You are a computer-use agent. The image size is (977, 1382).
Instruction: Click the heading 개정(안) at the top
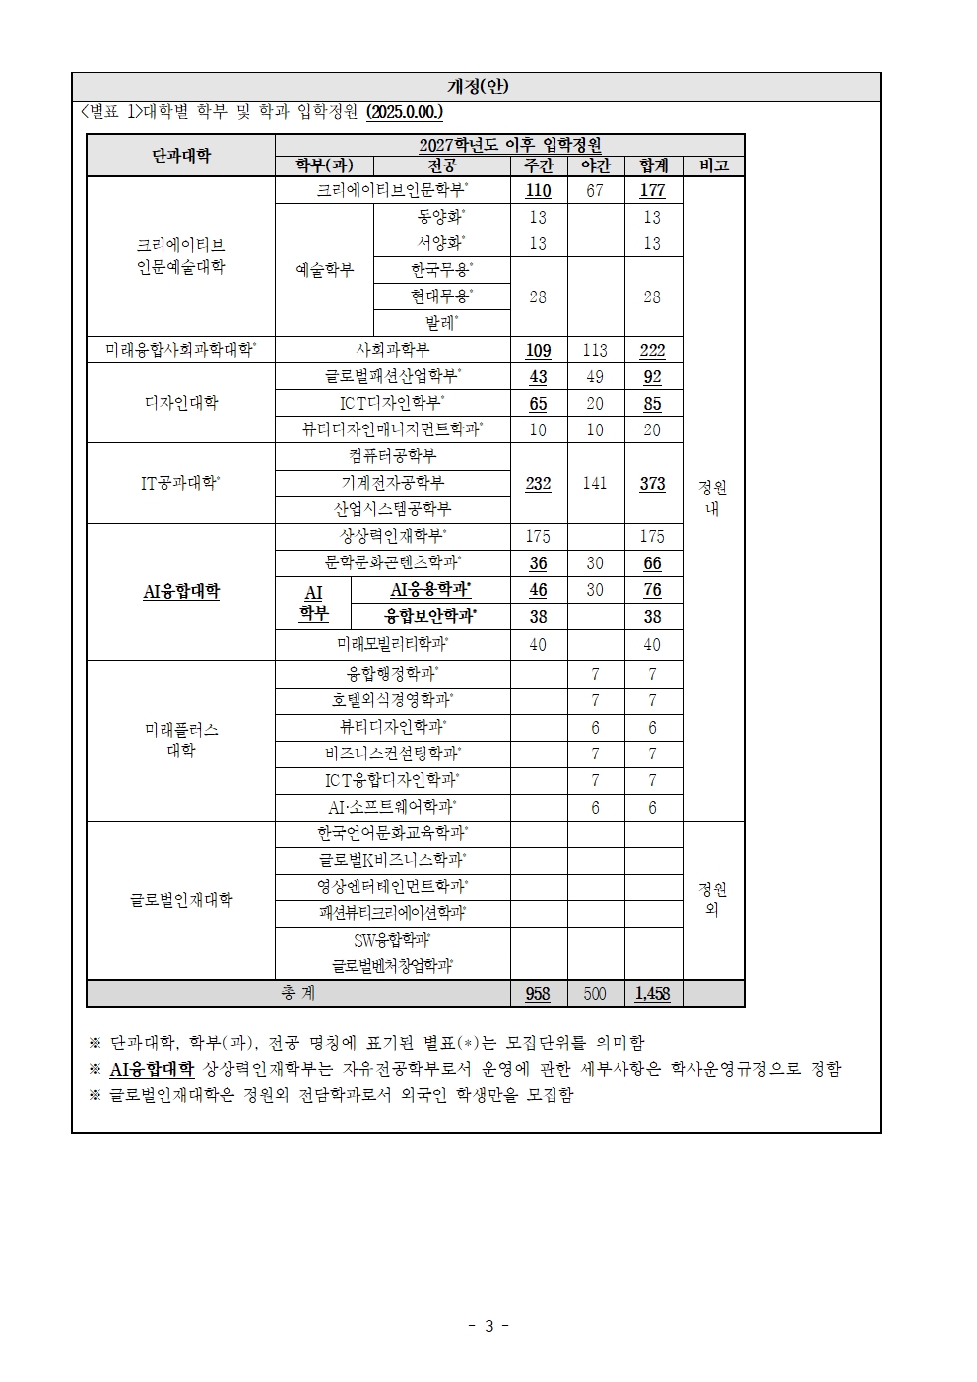477,87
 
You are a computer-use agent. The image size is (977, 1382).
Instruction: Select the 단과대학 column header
181,156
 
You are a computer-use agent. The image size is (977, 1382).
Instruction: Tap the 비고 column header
713,165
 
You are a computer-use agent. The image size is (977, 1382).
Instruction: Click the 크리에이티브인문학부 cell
392,190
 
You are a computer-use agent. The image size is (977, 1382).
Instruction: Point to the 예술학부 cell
324,270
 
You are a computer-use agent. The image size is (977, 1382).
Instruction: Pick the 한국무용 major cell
441,270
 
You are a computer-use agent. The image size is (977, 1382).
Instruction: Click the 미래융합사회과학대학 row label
181,350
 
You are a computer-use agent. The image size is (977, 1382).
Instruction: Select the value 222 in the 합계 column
652,350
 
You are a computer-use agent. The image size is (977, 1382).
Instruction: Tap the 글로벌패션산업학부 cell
392,376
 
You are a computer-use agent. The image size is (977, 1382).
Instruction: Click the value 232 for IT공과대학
538,483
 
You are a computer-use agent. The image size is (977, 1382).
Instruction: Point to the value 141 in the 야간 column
595,483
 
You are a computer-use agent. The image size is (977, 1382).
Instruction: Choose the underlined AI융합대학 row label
181,591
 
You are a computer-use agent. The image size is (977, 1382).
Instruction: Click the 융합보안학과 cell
430,617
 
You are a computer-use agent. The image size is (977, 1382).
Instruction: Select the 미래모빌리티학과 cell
392,644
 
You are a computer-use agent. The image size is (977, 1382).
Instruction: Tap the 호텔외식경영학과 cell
392,700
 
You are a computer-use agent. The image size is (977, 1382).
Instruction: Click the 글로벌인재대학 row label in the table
181,899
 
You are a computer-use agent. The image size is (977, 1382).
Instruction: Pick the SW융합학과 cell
392,940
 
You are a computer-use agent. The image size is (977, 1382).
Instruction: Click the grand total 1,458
652,993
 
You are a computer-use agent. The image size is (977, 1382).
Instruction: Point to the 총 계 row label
297,993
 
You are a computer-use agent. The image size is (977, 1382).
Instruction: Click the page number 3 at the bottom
488,1326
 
